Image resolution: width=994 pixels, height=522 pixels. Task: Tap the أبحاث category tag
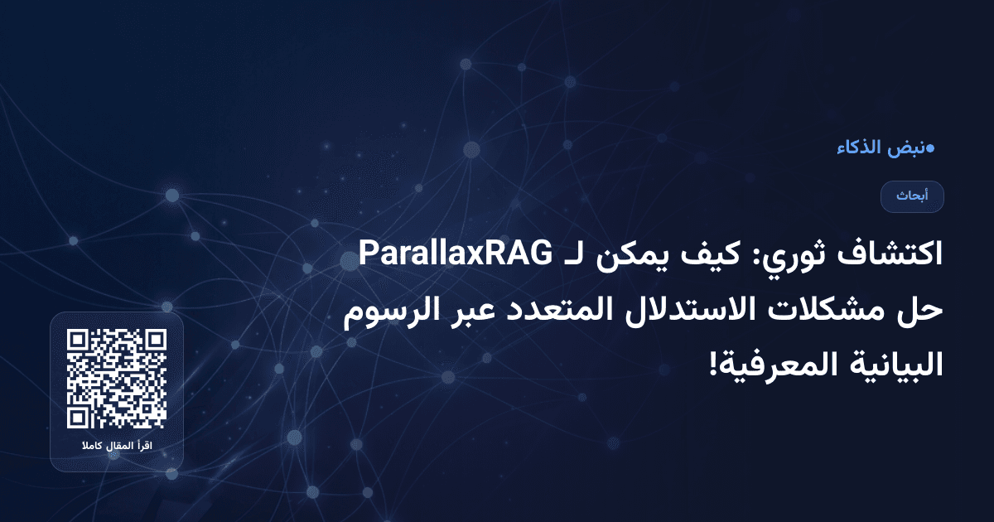pyautogui.click(x=912, y=196)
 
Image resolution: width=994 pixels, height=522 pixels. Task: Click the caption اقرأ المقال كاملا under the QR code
pyautogui.click(x=117, y=447)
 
